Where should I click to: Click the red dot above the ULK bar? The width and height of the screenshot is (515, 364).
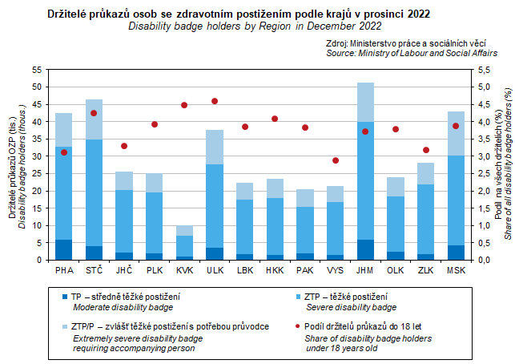pyautogui.click(x=215, y=101)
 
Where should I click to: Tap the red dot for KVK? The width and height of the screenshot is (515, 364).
pyautogui.click(x=184, y=105)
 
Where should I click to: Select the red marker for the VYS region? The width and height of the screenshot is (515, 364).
pyautogui.click(x=336, y=160)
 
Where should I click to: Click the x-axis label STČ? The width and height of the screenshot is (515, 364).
pyautogui.click(x=94, y=271)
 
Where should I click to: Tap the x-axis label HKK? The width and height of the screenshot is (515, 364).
pyautogui.click(x=275, y=271)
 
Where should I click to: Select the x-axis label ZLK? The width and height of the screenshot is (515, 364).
pyautogui.click(x=425, y=271)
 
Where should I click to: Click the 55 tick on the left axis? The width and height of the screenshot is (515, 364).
pyautogui.click(x=37, y=70)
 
